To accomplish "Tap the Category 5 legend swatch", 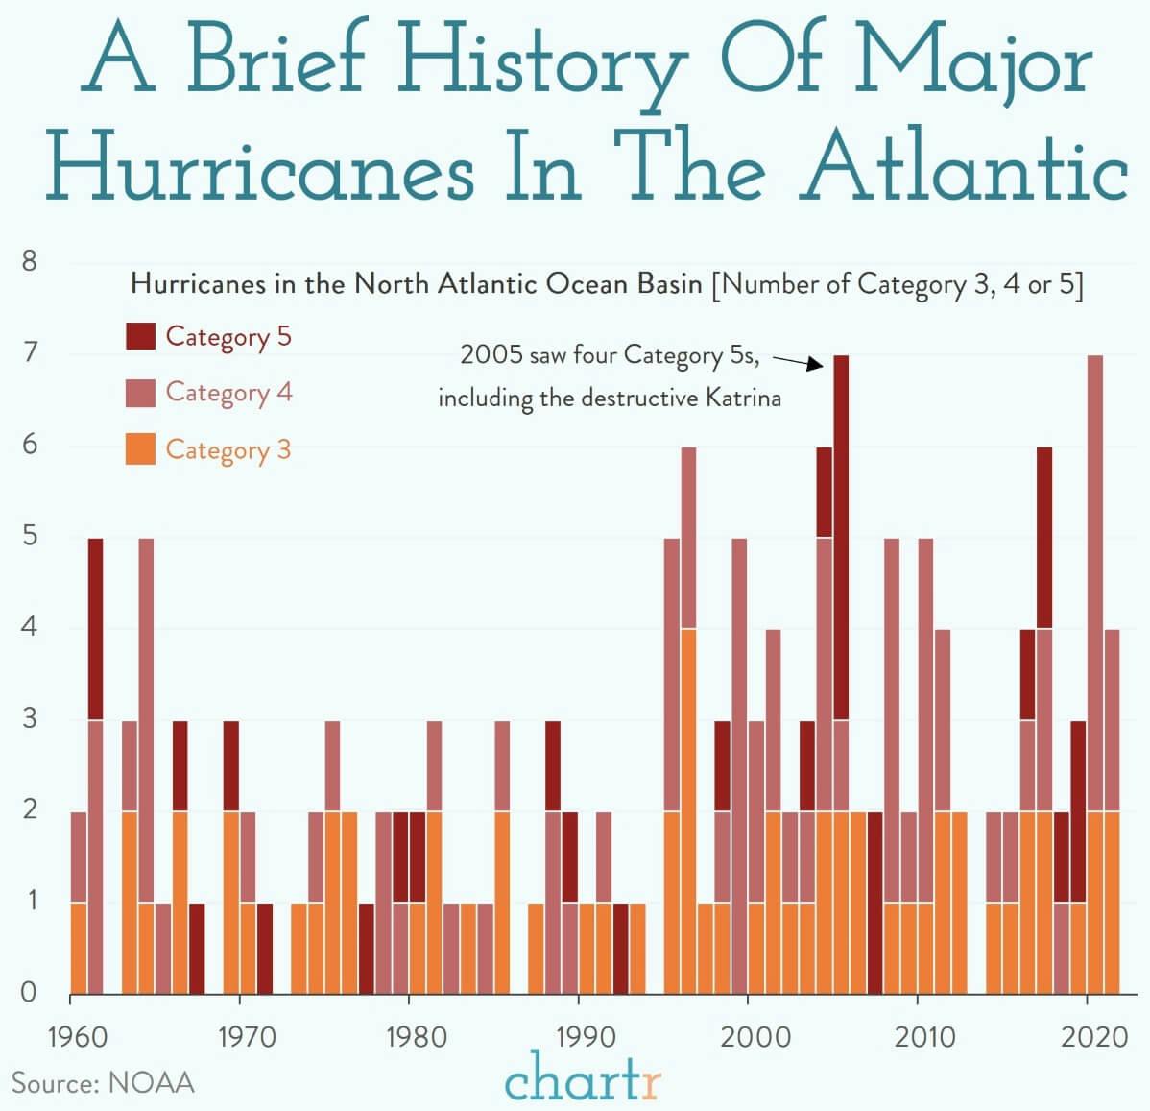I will [x=140, y=336].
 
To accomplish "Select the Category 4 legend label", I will [x=228, y=393].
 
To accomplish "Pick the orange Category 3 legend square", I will [x=140, y=449].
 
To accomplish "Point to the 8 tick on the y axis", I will [x=30, y=261].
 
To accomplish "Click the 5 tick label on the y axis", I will [x=30, y=536].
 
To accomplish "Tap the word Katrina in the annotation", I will [x=743, y=398].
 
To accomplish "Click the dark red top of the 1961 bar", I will [x=95, y=628].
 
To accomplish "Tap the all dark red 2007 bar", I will [x=874, y=902].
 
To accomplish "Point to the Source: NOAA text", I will [x=103, y=1083].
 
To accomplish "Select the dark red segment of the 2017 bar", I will [x=1044, y=538].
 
